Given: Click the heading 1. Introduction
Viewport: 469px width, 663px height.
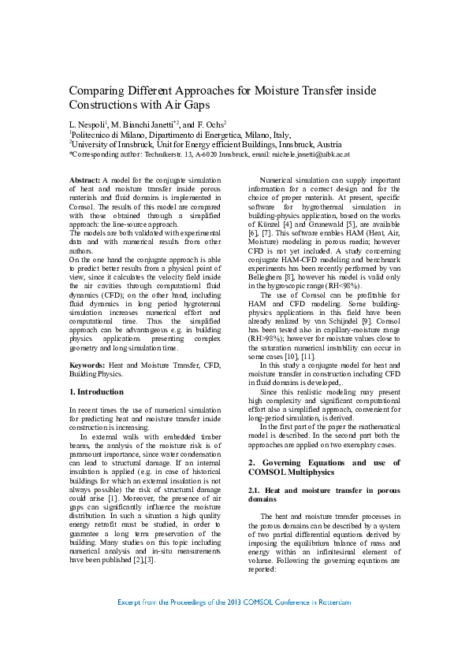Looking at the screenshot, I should (x=96, y=391).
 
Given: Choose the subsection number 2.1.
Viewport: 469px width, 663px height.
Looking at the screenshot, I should (x=255, y=489).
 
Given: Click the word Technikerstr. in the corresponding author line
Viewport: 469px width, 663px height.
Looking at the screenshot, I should (x=166, y=155).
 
